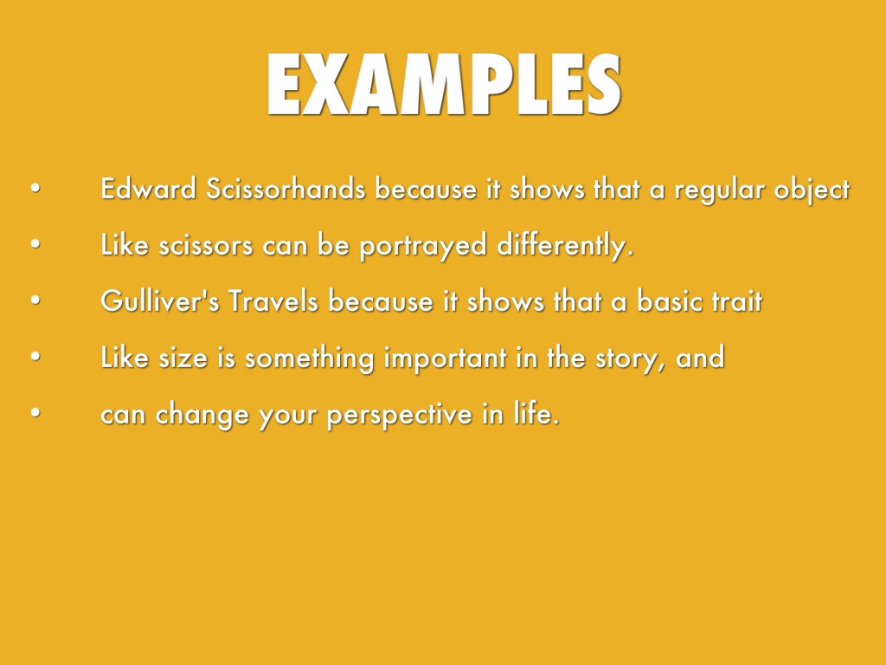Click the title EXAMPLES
point(444,85)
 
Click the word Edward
point(148,188)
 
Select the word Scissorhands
point(286,188)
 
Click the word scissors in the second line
point(206,245)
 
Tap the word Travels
point(273,300)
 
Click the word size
point(183,358)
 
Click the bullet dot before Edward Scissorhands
point(35,188)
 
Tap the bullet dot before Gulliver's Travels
point(35,300)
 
